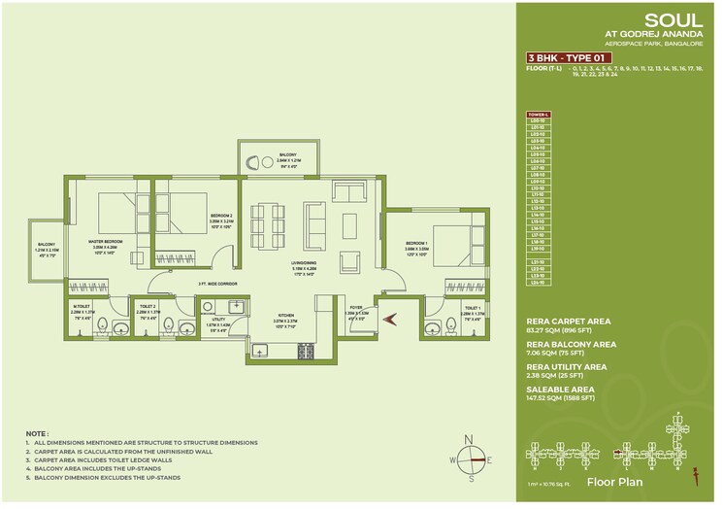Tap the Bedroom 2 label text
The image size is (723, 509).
222,218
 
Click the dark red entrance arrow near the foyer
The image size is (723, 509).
390,317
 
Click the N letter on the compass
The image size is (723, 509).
470,440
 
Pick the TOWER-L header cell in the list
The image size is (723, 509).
538,114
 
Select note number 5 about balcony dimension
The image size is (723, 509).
136,479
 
